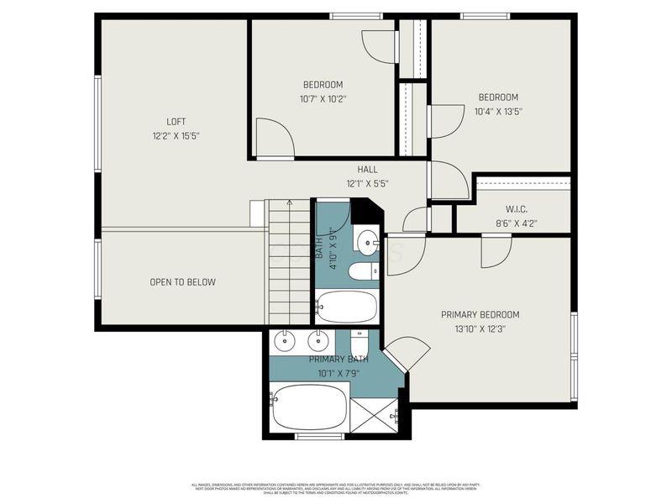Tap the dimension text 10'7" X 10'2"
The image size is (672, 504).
pos(323,98)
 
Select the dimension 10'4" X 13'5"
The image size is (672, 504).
pos(498,111)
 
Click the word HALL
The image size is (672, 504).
pos(367,170)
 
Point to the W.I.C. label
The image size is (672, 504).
pos(516,209)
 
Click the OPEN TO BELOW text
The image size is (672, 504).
pos(182,282)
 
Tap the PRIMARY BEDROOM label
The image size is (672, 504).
pos(480,315)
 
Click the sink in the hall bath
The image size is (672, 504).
pos(366,243)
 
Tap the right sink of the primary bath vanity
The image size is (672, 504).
pos(318,340)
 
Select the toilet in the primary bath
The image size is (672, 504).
pos(359,344)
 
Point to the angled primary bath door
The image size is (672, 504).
pos(398,353)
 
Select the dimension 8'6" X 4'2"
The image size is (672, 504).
pos(516,223)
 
